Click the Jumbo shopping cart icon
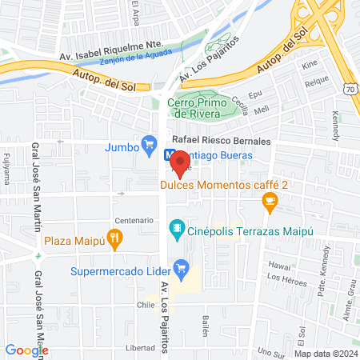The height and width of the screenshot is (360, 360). [149, 145]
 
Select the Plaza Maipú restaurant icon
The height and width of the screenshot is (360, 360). [116, 238]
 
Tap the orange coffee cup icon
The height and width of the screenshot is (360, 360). [270, 204]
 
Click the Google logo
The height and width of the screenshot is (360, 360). [26, 350]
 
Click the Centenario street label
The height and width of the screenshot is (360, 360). [134, 220]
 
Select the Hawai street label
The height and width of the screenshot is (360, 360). [277, 264]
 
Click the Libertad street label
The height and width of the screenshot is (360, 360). [140, 348]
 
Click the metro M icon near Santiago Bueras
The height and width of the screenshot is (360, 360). [170, 155]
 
